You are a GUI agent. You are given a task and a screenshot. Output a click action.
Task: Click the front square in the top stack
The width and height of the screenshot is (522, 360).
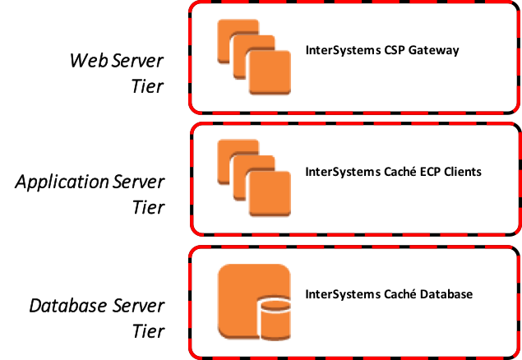[x=270, y=72]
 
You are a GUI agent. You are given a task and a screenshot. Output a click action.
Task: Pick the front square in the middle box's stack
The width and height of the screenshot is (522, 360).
[x=270, y=194]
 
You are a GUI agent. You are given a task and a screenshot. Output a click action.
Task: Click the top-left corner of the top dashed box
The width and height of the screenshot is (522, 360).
[x=194, y=7]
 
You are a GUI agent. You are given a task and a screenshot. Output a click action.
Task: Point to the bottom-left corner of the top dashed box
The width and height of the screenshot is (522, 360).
[x=194, y=108]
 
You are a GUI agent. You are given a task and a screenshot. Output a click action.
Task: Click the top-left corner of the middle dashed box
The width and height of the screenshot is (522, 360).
[x=195, y=128]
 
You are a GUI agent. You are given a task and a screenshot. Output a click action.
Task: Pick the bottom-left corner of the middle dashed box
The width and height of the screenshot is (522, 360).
[x=195, y=231]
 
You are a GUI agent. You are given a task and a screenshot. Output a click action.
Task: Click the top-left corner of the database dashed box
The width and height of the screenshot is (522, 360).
[x=194, y=251]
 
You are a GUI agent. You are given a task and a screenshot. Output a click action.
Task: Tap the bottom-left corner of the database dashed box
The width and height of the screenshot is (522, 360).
[x=194, y=353]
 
